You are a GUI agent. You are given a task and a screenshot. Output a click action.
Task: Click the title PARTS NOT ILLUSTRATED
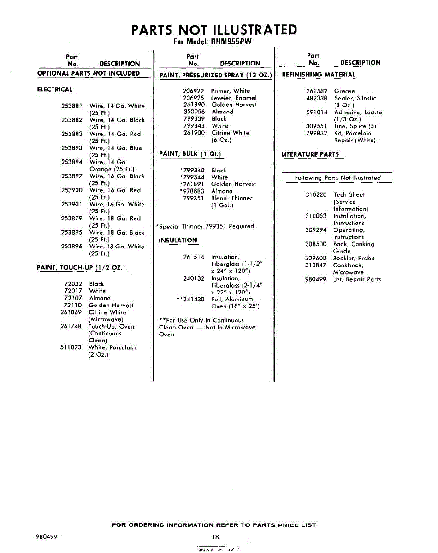(214, 30)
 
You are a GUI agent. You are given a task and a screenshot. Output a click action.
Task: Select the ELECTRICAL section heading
(55, 89)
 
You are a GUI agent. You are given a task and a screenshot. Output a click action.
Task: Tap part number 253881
(71, 106)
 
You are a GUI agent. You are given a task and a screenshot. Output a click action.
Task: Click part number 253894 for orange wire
(71, 162)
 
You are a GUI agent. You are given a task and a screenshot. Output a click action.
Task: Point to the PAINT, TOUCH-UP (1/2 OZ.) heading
(82, 268)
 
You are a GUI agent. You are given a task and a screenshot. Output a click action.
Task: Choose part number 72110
(73, 305)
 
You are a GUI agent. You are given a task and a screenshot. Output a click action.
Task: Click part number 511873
(71, 347)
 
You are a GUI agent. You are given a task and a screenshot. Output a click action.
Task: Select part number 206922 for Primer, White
(194, 91)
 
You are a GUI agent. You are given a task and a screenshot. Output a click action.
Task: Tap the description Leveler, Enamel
(233, 98)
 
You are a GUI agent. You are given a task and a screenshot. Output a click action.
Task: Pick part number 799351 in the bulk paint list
(194, 198)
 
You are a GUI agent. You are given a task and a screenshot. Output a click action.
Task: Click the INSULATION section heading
(178, 241)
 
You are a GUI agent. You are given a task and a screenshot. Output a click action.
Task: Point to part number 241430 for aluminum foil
(190, 299)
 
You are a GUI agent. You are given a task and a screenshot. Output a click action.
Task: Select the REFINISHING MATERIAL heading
(319, 75)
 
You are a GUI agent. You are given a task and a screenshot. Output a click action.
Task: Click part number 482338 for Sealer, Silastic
(317, 98)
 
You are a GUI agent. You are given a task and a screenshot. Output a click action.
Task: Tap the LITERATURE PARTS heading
(310, 154)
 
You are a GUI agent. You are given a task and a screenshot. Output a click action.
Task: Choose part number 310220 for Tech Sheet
(316, 195)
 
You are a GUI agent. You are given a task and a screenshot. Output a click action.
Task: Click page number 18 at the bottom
(215, 537)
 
